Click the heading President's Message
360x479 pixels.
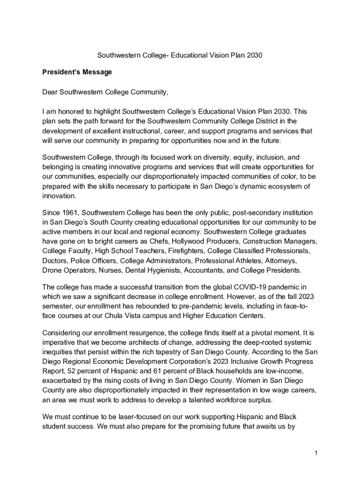click(71, 73)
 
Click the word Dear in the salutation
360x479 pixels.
click(50, 92)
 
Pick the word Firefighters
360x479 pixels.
click(180, 251)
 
